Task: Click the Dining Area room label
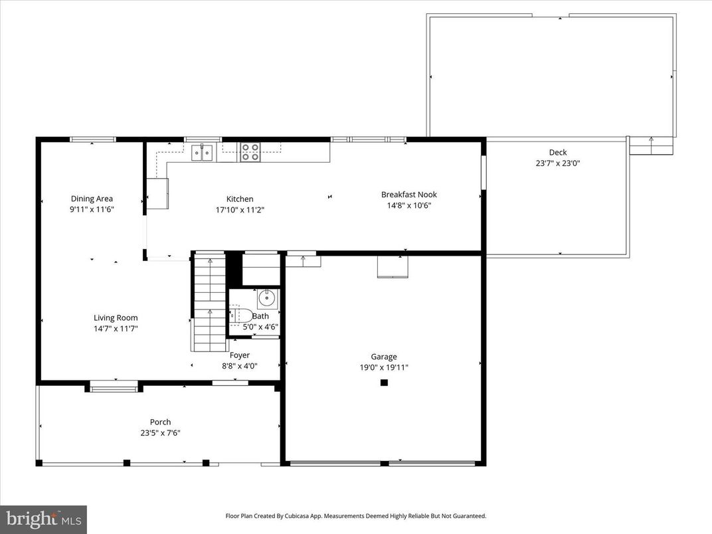(x=92, y=199)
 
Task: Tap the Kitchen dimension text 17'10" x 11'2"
(x=240, y=209)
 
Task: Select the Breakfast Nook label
(x=408, y=195)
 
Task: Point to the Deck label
(x=557, y=153)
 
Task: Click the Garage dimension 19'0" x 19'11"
(x=384, y=367)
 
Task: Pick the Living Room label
(x=116, y=318)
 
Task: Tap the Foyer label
(x=240, y=355)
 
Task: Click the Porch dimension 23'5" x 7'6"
(x=160, y=432)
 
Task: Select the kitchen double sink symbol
(x=202, y=153)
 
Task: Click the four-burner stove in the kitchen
(x=250, y=152)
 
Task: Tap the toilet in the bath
(x=239, y=315)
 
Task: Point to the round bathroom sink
(x=268, y=298)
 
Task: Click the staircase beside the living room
(x=209, y=302)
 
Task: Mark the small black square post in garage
(x=383, y=383)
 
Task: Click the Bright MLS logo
(x=43, y=519)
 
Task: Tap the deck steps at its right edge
(x=651, y=145)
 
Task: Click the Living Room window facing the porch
(x=114, y=386)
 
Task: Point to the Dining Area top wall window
(x=93, y=139)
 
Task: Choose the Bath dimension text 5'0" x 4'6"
(x=260, y=327)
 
